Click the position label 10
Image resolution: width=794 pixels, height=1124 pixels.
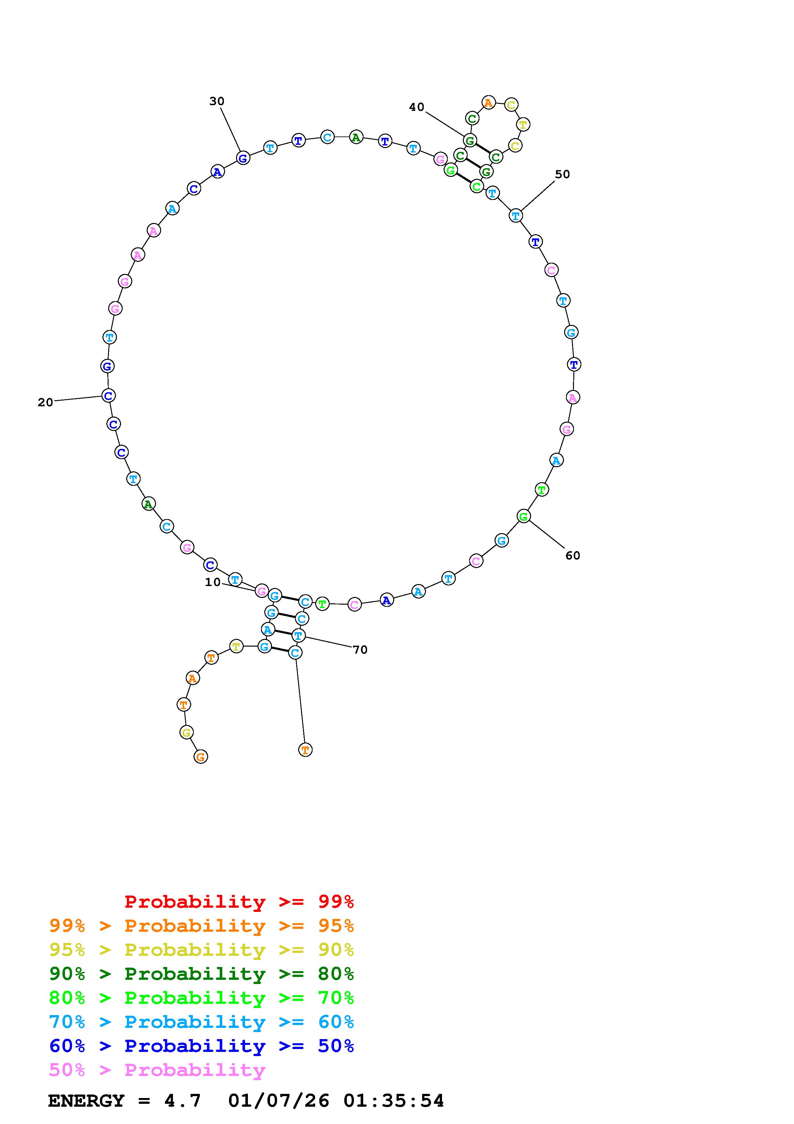[x=213, y=582]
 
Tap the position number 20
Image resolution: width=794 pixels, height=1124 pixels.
[x=45, y=402]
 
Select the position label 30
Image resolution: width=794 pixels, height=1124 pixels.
[x=217, y=101]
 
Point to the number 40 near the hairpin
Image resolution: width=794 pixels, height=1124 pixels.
[x=417, y=107]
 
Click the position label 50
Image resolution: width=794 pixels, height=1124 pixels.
[x=563, y=174]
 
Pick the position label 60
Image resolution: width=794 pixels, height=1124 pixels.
[x=573, y=556]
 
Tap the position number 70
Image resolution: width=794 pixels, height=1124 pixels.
[x=360, y=649]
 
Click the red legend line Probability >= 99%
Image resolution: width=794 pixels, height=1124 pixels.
[x=239, y=902]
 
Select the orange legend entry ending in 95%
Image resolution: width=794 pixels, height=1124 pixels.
[x=201, y=926]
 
